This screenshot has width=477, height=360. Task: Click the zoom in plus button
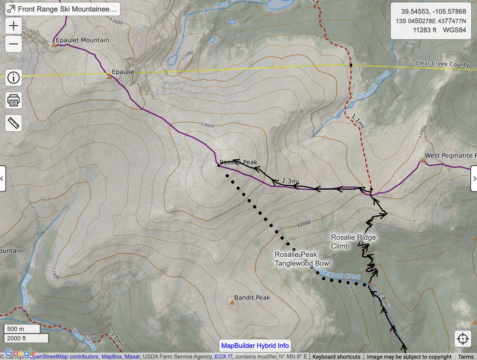[x=13, y=26]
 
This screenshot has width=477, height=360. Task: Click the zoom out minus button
[x=13, y=44]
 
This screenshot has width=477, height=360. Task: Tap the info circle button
[x=13, y=77]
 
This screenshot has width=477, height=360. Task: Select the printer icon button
[x=13, y=100]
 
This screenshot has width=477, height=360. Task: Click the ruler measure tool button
[x=13, y=123]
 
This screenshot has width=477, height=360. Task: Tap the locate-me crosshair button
[x=463, y=339]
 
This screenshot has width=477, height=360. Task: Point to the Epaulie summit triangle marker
[x=109, y=75]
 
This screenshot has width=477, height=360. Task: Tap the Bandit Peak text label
[x=252, y=297]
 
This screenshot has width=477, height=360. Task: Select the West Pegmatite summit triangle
[x=422, y=160]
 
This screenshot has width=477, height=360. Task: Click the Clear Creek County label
[x=442, y=64]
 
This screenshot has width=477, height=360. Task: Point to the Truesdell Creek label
[x=373, y=85]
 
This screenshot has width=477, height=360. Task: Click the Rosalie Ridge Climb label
[x=353, y=242]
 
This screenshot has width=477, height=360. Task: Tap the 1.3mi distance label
[x=290, y=181]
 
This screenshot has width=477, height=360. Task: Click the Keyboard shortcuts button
[x=336, y=357]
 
